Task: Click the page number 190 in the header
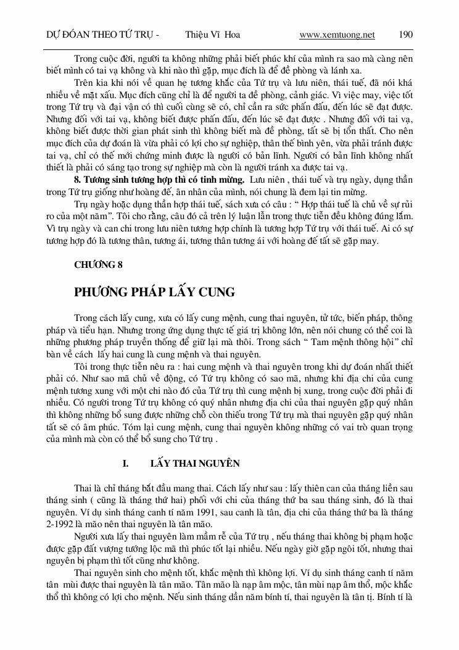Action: (406, 35)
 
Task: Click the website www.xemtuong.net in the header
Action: (337, 35)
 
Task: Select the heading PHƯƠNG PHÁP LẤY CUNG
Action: (154, 291)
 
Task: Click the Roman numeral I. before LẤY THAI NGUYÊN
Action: (125, 462)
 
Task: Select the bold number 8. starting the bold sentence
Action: (78, 180)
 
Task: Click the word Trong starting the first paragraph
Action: (86, 59)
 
